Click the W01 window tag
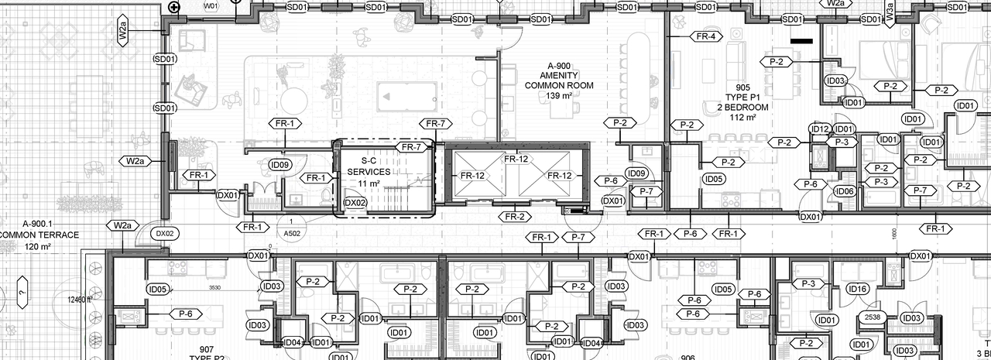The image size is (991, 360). (x=211, y=6)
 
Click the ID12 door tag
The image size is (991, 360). (x=820, y=129)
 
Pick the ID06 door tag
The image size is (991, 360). (x=845, y=191)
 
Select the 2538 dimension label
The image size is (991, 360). (x=871, y=317)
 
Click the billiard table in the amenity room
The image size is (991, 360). (x=399, y=96)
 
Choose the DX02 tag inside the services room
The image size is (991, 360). (x=355, y=203)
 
